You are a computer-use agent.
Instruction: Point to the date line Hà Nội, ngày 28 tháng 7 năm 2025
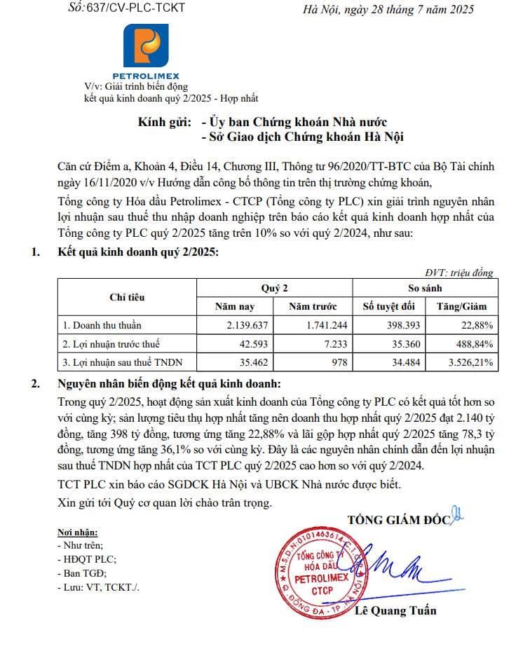[388, 9]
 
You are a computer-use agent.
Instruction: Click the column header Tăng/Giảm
[461, 306]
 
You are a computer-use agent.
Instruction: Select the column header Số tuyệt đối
[389, 306]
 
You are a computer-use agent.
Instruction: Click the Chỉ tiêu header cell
[127, 297]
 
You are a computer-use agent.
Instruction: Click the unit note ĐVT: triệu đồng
[459, 273]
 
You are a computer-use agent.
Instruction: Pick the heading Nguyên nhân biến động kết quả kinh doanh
[169, 384]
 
